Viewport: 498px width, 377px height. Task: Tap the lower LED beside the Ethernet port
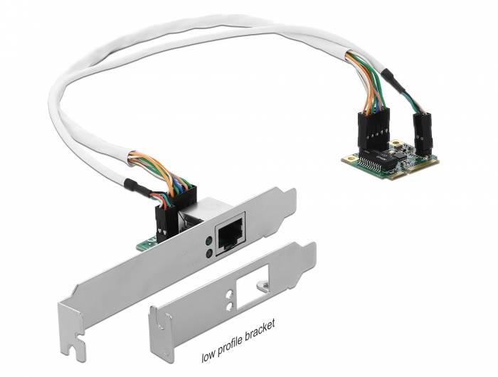coord(207,253)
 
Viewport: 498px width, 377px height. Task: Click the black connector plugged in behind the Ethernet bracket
coord(161,217)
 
